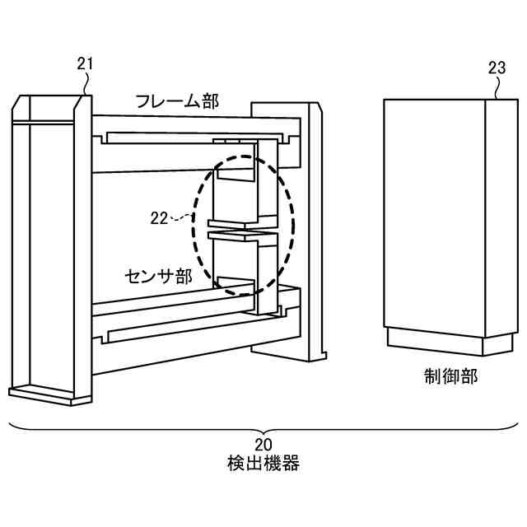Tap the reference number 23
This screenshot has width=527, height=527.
tap(497, 68)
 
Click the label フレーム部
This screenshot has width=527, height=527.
tap(177, 102)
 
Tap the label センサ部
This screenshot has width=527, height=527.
tap(158, 275)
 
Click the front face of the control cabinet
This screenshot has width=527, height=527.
tap(434, 214)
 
